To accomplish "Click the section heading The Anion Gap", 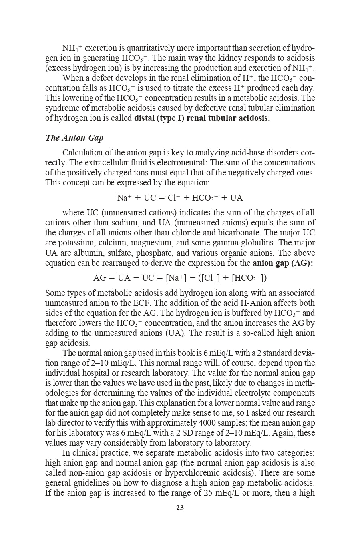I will [74, 138].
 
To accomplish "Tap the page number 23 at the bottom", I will [180, 508].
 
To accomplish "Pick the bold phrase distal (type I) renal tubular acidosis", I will [202, 118].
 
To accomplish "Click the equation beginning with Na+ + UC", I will [180, 198].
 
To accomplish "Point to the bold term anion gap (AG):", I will [282, 263].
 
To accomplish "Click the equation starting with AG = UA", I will [180, 278].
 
